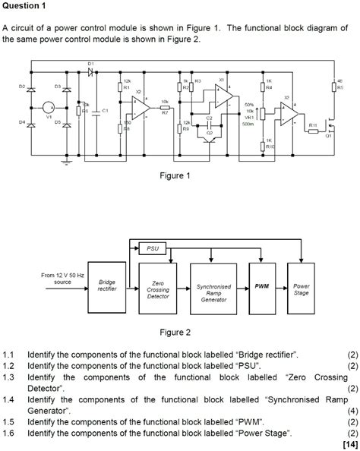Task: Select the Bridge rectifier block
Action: click(107, 286)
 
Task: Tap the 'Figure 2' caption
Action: click(174, 332)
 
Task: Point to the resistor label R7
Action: click(165, 111)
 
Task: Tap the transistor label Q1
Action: click(328, 136)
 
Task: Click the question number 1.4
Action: click(8, 399)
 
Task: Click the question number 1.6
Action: click(8, 433)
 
